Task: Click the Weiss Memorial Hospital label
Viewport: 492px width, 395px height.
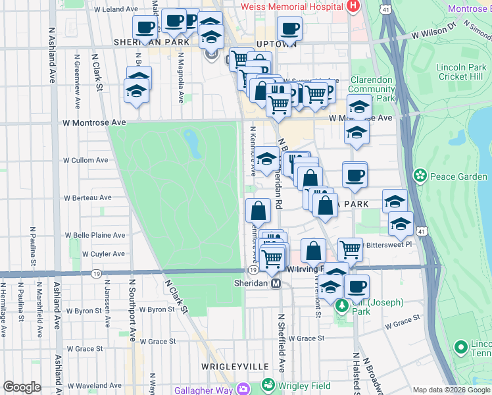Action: [x=293, y=7]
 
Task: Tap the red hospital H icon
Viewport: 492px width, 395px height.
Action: [x=353, y=7]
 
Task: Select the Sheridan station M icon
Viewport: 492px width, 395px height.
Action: [x=277, y=283]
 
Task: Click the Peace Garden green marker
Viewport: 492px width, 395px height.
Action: [x=419, y=176]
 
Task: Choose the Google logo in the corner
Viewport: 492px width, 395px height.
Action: [x=22, y=387]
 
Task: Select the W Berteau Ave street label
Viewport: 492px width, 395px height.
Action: [x=87, y=197]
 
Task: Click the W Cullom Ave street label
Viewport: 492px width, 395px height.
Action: [x=86, y=160]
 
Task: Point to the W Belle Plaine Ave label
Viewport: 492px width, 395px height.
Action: [x=95, y=235]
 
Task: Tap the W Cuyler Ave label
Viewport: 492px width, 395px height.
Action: [x=104, y=254]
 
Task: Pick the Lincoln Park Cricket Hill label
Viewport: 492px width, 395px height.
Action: [x=461, y=72]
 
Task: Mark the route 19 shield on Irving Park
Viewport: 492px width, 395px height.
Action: [x=253, y=270]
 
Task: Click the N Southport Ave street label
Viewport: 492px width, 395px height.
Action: [x=133, y=309]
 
